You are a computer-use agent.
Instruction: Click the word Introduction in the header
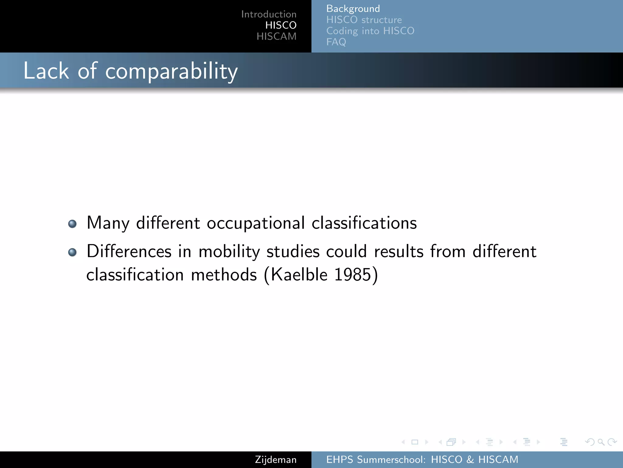(269, 14)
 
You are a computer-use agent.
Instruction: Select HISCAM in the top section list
(276, 37)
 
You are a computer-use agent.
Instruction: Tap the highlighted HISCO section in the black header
(281, 25)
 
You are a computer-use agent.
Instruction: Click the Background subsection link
(353, 9)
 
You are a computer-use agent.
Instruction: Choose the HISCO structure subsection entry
(364, 20)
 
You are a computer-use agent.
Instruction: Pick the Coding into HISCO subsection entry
(370, 31)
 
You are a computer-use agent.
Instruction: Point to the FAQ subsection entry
(336, 42)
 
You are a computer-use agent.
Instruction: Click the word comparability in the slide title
(171, 71)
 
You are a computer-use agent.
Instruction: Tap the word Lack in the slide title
(46, 71)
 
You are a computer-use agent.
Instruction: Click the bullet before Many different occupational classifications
(72, 224)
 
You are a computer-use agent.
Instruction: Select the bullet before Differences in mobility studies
(72, 252)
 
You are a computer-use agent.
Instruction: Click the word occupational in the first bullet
(256, 223)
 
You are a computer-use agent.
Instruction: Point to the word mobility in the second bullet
(229, 252)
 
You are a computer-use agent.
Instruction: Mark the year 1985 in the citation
(353, 275)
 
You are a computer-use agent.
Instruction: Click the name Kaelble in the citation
(299, 275)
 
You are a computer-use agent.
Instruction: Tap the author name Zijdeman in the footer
(276, 460)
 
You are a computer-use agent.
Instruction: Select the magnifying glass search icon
(601, 442)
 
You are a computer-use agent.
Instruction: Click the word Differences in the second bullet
(129, 252)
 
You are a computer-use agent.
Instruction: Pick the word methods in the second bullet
(224, 275)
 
